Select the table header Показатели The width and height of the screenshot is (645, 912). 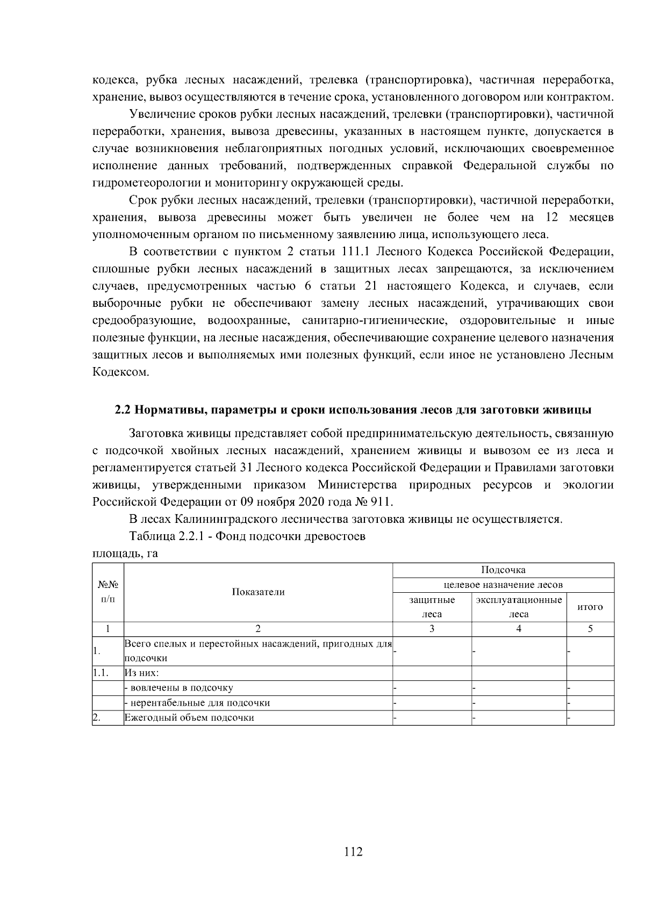(x=258, y=592)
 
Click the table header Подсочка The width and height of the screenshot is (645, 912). (x=503, y=570)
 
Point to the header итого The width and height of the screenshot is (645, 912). (x=590, y=607)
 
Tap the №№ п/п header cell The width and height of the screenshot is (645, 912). (x=108, y=592)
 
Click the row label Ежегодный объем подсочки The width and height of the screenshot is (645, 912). (x=189, y=718)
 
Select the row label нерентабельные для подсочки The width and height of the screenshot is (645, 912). (x=198, y=703)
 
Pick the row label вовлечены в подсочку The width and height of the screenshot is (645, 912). (x=180, y=688)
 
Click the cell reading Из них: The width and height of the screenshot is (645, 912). (x=138, y=673)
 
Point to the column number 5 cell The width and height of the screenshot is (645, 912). (x=590, y=629)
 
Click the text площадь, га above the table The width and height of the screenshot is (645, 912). (x=125, y=554)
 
